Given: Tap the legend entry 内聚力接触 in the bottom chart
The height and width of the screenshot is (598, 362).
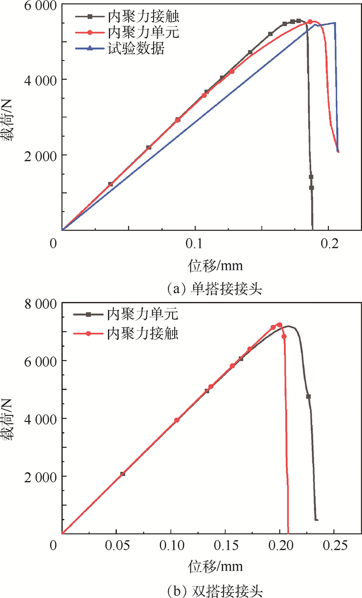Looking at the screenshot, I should coord(142,334).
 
